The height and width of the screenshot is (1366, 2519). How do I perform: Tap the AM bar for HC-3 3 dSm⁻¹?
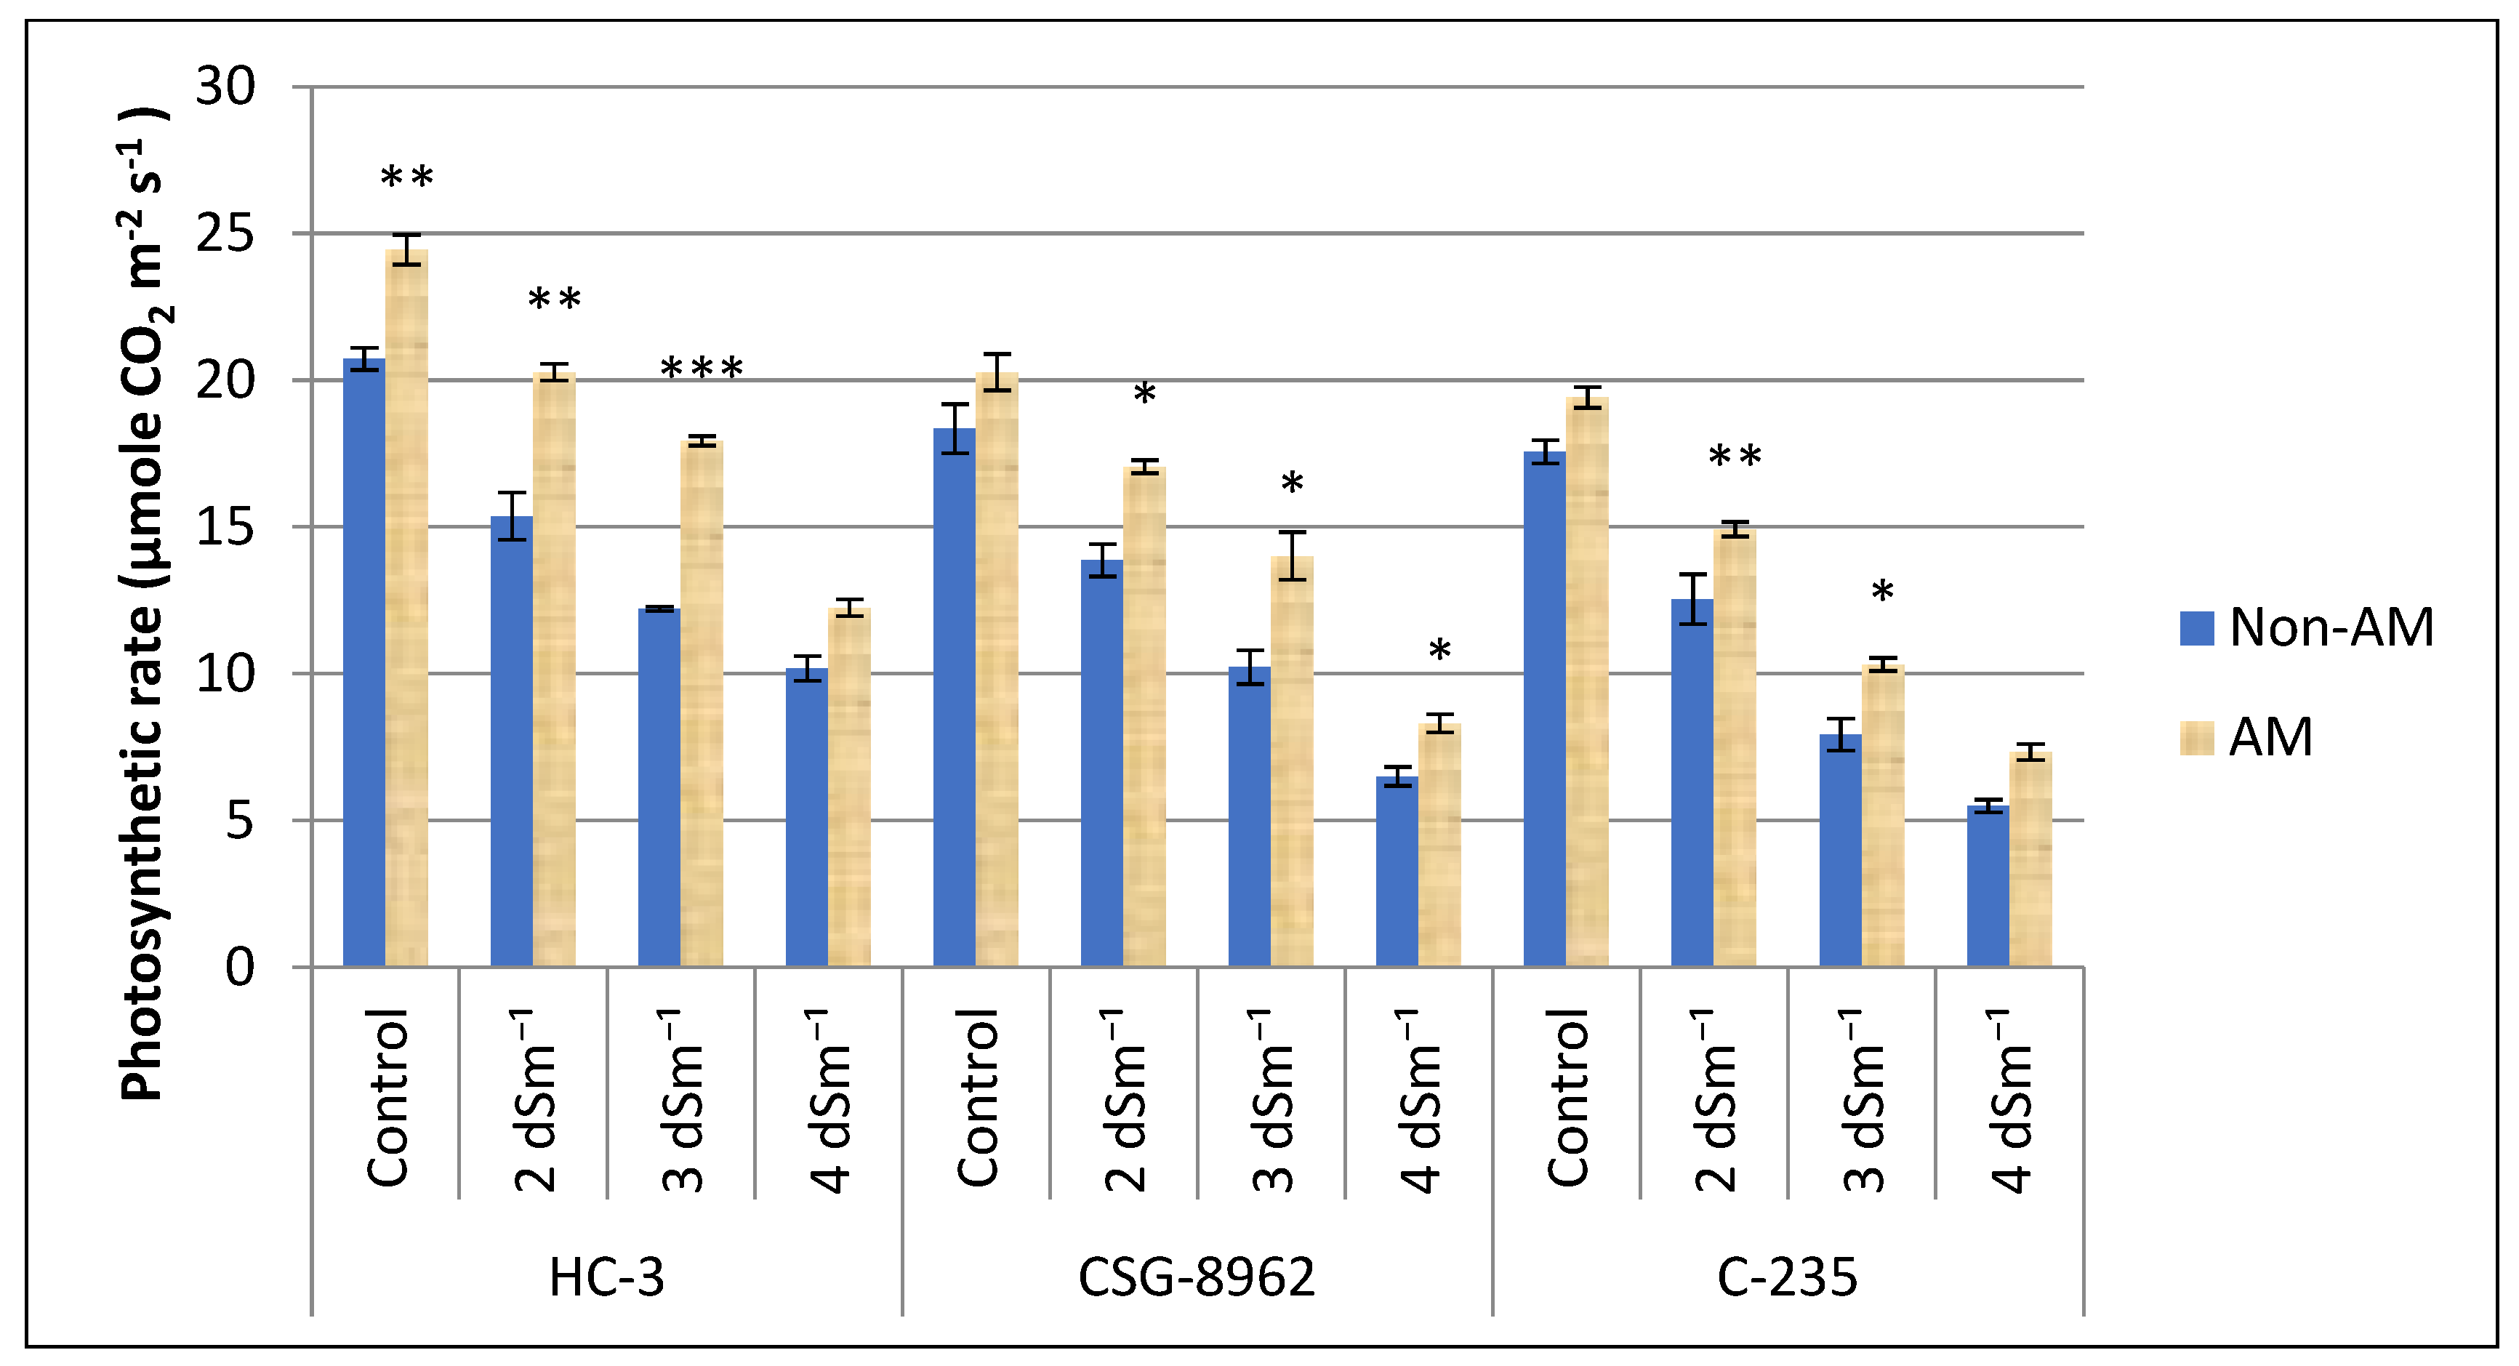point(701,704)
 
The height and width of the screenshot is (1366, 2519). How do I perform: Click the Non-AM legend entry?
point(2307,628)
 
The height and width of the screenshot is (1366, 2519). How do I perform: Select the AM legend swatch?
point(2196,738)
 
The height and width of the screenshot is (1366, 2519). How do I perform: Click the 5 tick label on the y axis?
point(240,820)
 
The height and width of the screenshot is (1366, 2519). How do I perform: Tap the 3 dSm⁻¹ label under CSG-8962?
point(1271,1100)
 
